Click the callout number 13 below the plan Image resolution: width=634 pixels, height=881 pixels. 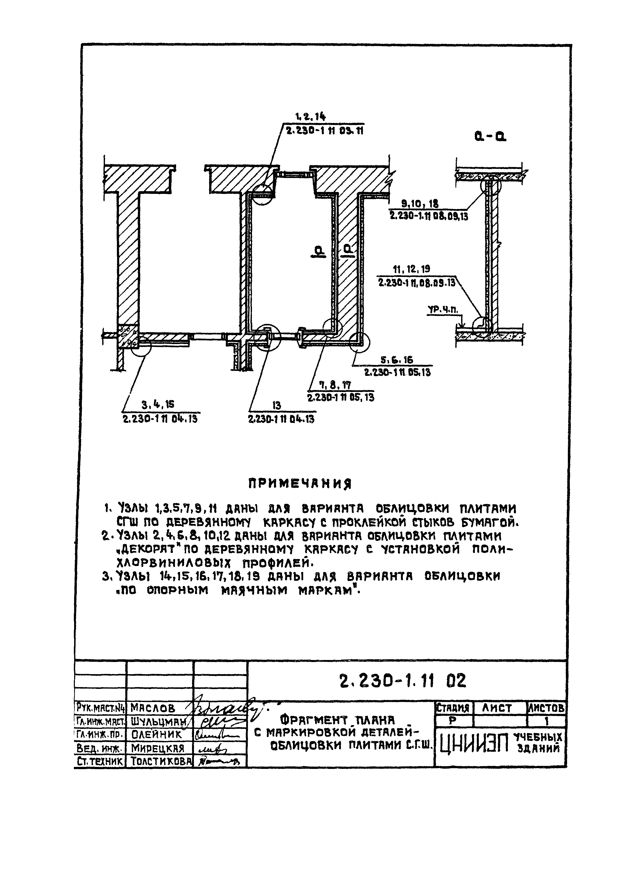click(x=276, y=406)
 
